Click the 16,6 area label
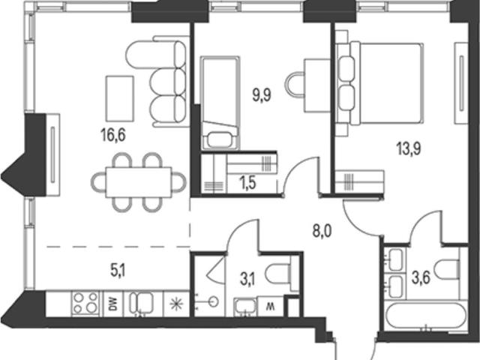pyautogui.click(x=113, y=135)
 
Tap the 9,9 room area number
pyautogui.click(x=262, y=95)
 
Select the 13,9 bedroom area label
pyautogui.click(x=409, y=148)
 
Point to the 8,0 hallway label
pyautogui.click(x=322, y=231)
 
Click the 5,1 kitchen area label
pyautogui.click(x=118, y=271)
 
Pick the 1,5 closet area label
pyautogui.click(x=248, y=184)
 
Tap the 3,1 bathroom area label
pyautogui.click(x=248, y=280)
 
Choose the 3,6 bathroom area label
pyautogui.click(x=421, y=278)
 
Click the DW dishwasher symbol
pyautogui.click(x=113, y=304)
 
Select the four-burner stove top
pyautogui.click(x=85, y=303)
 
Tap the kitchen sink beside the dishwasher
pyautogui.click(x=142, y=303)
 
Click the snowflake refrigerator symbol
pyautogui.click(x=177, y=304)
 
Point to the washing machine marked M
pyautogui.click(x=271, y=307)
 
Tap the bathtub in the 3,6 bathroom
pyautogui.click(x=426, y=316)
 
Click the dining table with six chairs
pyautogui.click(x=138, y=182)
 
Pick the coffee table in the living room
pyautogui.click(x=120, y=98)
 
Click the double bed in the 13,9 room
pyautogui.click(x=386, y=84)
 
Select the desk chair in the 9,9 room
pyautogui.click(x=295, y=83)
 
